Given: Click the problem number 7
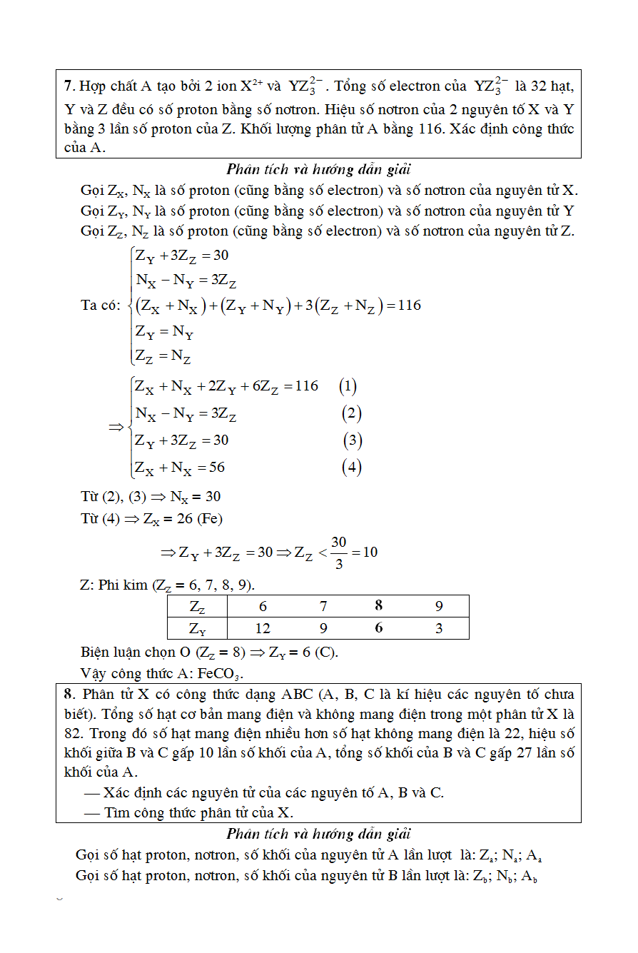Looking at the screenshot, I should coord(68,86).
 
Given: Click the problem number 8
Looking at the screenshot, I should coord(68,694).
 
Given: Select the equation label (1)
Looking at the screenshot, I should coord(348,386).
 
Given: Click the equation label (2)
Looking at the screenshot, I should coord(351,413).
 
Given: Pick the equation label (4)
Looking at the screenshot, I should coord(351,467).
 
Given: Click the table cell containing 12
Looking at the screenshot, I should coord(263,628).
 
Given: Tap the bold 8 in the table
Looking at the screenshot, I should coord(378,606).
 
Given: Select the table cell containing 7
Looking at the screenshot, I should coord(323,606).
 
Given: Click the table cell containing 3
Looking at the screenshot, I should coord(439,628).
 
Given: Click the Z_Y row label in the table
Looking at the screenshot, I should coord(198,628).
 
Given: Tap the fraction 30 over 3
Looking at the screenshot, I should coord(338,553).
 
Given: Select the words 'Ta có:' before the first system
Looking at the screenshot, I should coord(101,306).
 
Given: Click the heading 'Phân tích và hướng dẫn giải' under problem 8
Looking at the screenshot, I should coord(318,834).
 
